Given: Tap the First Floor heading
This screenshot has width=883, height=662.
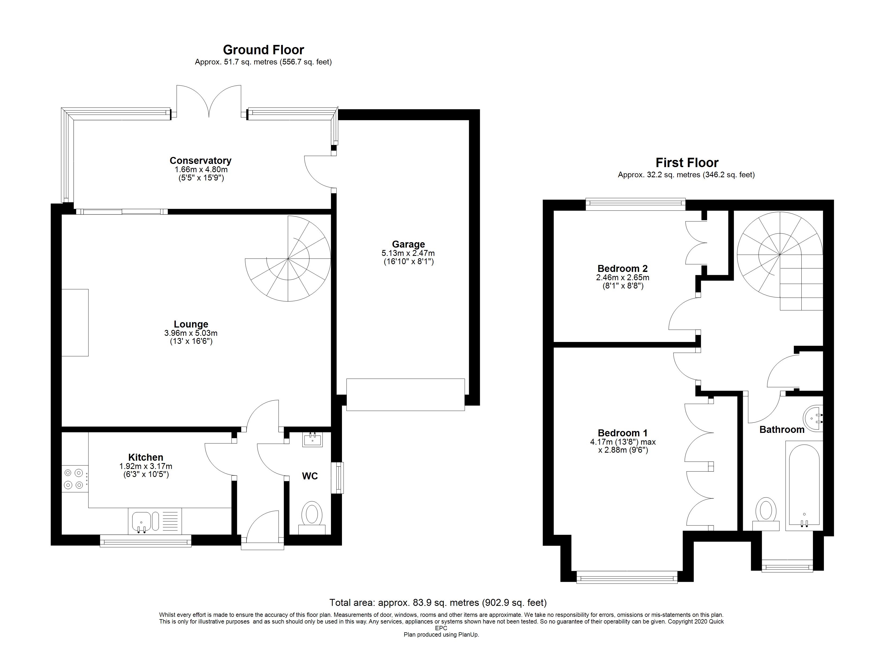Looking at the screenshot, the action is (x=687, y=163).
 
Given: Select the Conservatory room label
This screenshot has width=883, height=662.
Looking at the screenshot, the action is (x=200, y=161).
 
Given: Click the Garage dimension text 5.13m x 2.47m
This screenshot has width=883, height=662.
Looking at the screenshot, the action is (x=408, y=253).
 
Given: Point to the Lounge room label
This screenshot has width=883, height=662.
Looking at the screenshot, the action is (x=191, y=324).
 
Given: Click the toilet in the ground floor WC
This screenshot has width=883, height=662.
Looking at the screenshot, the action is (x=312, y=518).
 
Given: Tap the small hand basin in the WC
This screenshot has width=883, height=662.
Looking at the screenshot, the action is (x=312, y=440).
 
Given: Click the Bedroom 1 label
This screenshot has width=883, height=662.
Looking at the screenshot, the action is (x=623, y=433).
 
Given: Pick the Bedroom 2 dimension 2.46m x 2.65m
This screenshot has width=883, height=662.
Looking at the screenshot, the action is (x=623, y=278).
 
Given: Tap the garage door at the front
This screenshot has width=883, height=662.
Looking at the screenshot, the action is (x=406, y=395).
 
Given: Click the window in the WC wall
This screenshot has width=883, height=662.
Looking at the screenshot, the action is (x=339, y=478).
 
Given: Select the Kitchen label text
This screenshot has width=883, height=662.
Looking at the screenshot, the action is (x=146, y=457).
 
